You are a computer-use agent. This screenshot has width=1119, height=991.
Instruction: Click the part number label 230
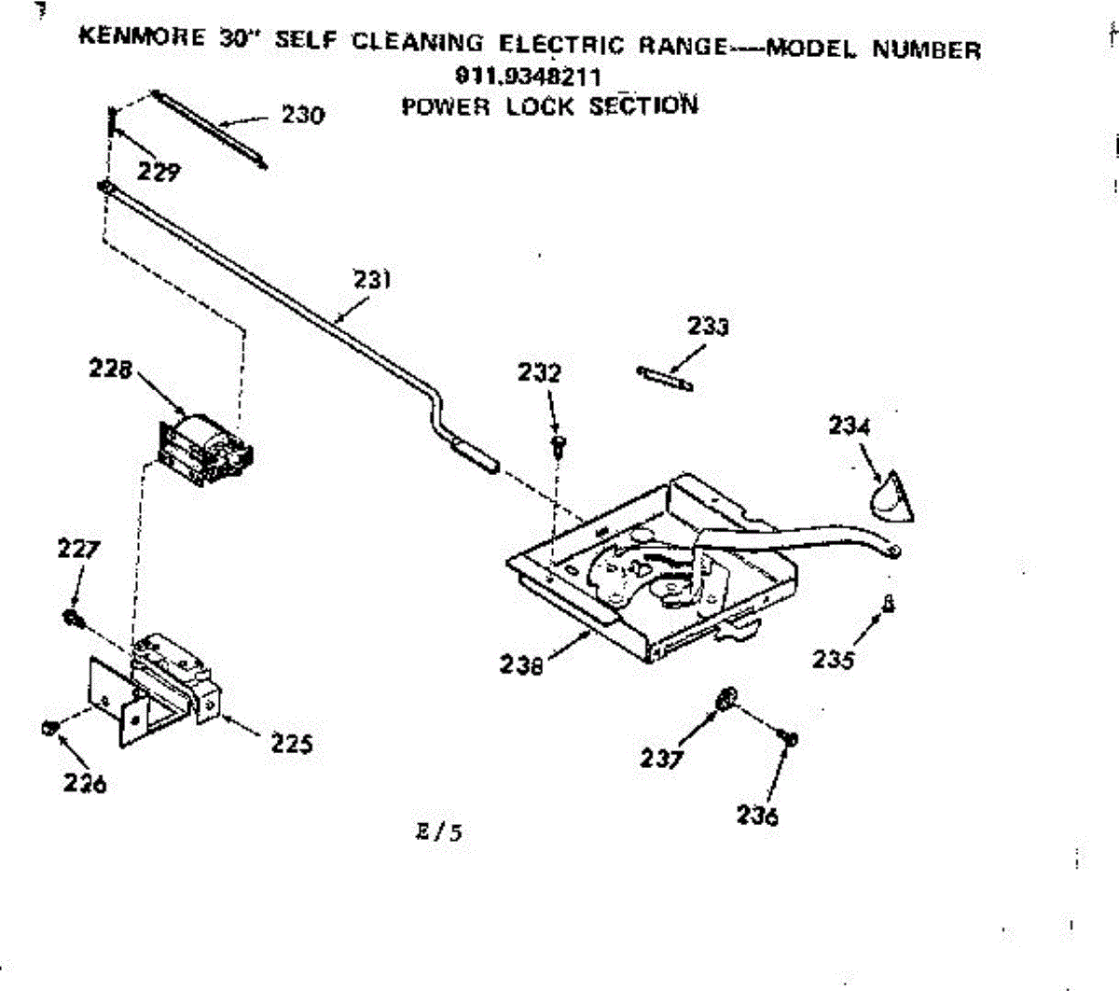[303, 115]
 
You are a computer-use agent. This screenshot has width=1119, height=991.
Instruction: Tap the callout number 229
[159, 172]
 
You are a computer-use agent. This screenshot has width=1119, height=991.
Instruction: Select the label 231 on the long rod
[372, 279]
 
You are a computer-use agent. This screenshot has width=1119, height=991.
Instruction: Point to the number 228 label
[110, 369]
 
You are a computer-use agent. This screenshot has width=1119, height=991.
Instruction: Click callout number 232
[539, 373]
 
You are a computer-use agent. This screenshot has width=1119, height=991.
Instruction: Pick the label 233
[708, 327]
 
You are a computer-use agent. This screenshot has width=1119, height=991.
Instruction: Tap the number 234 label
[849, 426]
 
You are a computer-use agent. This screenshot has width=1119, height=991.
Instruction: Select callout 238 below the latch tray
[520, 664]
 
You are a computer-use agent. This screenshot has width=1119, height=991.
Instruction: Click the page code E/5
[439, 830]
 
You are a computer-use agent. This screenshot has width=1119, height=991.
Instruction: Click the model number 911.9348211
[528, 77]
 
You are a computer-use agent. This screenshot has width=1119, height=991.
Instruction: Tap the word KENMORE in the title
[142, 37]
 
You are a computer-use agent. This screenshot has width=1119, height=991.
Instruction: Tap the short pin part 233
[665, 378]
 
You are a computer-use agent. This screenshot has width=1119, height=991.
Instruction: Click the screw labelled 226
[50, 728]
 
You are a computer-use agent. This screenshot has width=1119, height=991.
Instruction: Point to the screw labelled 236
[790, 739]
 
